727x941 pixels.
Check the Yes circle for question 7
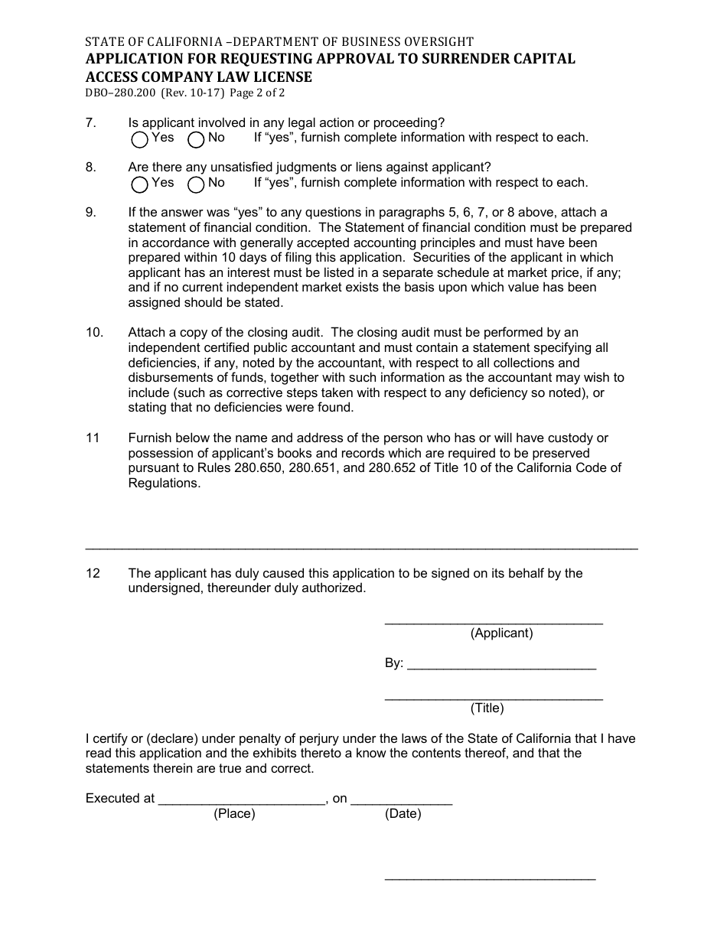click(140, 139)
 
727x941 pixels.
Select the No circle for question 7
click(197, 139)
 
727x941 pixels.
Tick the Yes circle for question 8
click(140, 184)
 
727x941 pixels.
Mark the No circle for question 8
click(197, 184)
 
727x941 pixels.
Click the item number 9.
click(90, 213)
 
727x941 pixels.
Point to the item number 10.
click(93, 333)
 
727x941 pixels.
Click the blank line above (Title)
click(494, 697)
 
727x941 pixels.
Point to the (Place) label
click(234, 814)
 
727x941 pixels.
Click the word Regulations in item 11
click(163, 484)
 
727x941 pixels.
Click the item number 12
click(93, 574)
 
